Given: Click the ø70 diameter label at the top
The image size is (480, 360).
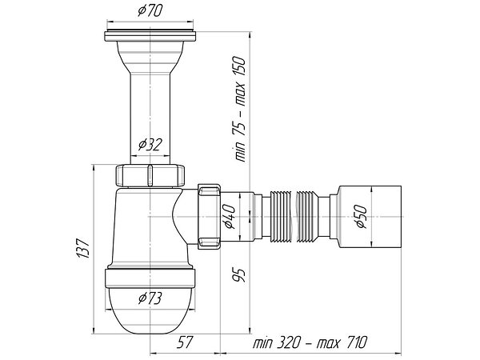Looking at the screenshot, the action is coord(150,11).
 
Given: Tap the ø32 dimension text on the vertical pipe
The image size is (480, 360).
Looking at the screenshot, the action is coord(150,145).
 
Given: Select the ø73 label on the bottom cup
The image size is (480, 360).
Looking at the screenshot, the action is coord(150,298).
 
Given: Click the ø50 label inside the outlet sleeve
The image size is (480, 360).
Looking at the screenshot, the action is coord(362,217).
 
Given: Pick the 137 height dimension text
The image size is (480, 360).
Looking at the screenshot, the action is coord(83,248).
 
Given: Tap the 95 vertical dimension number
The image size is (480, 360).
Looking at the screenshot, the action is coord(238,275).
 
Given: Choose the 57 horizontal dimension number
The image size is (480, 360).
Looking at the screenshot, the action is coord(186,342).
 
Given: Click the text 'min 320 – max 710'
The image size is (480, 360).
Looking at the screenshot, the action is coord(310,342).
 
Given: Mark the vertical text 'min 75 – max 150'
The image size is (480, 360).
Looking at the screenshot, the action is coord(240,109).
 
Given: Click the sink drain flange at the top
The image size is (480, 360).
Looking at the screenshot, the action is coord(150,35).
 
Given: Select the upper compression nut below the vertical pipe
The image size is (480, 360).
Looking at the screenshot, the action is coord(150,175).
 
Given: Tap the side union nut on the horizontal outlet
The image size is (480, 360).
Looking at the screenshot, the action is coord(210,217).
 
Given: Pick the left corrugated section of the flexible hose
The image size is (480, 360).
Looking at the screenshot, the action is coord(280,217).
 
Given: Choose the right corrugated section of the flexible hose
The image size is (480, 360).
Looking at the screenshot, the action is coord(308,217).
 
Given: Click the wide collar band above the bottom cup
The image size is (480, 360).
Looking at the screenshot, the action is coord(150,278).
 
